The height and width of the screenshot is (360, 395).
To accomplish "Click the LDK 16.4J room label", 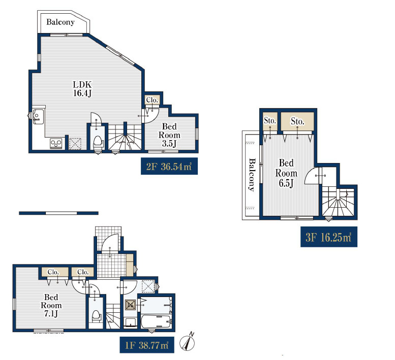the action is point(82,88).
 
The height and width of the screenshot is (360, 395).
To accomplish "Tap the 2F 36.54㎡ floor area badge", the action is point(169,166).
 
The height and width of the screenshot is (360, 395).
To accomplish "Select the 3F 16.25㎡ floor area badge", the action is point(329,237).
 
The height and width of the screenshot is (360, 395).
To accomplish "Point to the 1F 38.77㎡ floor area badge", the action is point(147,345).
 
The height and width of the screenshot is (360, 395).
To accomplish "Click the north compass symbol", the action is point(187,342).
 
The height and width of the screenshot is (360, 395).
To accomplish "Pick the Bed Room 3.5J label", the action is point(169,135).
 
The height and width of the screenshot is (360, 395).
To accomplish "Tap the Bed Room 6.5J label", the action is point(286,173).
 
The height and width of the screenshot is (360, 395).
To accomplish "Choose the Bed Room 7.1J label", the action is point(51,305).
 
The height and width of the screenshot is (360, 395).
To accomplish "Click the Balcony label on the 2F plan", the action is point(60,22).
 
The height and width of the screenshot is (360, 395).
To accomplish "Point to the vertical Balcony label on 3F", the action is point(252,175).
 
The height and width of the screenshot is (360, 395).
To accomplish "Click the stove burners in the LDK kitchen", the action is point(56,144).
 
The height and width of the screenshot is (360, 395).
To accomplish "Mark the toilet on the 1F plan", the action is point(96,316).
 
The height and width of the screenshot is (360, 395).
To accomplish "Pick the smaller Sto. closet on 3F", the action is point(270,121).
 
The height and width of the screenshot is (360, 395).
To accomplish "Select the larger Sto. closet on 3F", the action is point(297,121).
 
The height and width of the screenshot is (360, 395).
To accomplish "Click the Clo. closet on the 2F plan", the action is point(152,100).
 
